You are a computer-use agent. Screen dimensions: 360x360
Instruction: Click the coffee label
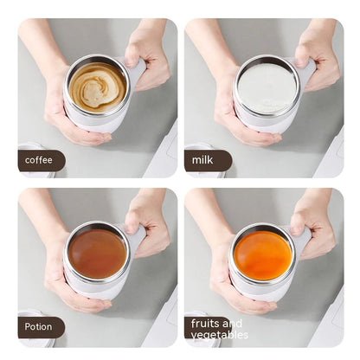tap(39, 160)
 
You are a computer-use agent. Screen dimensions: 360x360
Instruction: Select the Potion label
tap(40, 327)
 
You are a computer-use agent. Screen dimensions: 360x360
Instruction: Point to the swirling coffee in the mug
tap(98, 87)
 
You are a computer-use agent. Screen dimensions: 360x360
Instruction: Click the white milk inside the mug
tap(265, 87)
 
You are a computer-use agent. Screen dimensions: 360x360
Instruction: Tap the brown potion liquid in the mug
tap(98, 254)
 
